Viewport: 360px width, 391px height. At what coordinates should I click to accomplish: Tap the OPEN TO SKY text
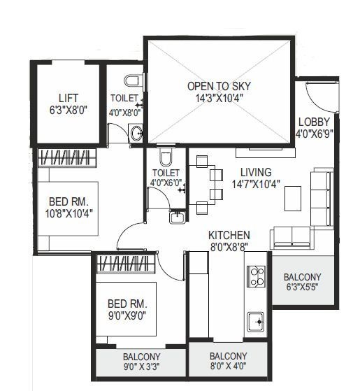click(x=219, y=87)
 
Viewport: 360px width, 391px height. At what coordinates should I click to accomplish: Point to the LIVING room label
click(x=256, y=172)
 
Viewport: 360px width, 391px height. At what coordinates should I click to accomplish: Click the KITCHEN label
click(x=229, y=235)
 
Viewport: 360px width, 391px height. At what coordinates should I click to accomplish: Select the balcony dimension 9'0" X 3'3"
click(x=143, y=365)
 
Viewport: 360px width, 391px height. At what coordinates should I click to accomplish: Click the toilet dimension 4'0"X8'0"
click(x=125, y=112)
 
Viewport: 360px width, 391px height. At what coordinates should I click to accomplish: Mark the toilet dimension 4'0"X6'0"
click(x=166, y=183)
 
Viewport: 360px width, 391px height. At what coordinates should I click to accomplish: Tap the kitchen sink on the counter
click(x=256, y=322)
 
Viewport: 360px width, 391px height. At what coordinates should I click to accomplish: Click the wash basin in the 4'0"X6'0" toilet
click(x=178, y=218)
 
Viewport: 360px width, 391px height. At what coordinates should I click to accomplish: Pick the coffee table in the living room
click(x=293, y=199)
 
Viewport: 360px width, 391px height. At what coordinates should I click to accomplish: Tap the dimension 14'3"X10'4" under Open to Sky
click(x=219, y=99)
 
